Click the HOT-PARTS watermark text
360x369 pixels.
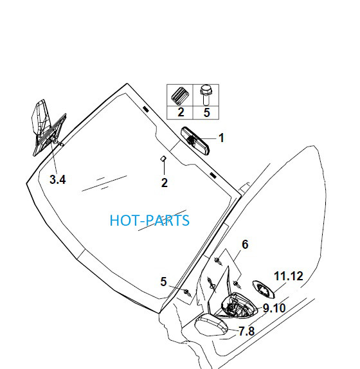click(149, 221)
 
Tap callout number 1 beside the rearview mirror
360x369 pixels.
click(221, 138)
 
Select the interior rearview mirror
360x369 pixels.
click(195, 141)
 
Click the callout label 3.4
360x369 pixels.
click(58, 179)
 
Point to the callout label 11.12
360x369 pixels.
click(289, 276)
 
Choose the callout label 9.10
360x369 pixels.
click(274, 308)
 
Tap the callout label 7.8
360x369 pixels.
click(247, 331)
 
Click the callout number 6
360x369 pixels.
click(245, 244)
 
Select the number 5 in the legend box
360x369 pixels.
click(206, 113)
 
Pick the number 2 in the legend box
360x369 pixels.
click(181, 113)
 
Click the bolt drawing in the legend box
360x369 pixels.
click(206, 95)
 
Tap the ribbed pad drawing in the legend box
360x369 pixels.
click(180, 94)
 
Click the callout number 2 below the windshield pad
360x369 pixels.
click(164, 183)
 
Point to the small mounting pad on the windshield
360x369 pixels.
click(163, 159)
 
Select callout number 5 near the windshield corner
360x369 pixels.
click(163, 282)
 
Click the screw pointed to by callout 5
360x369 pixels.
click(188, 292)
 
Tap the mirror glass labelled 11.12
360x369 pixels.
click(264, 289)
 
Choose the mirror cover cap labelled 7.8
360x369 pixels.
click(211, 325)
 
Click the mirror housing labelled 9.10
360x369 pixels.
click(240, 306)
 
